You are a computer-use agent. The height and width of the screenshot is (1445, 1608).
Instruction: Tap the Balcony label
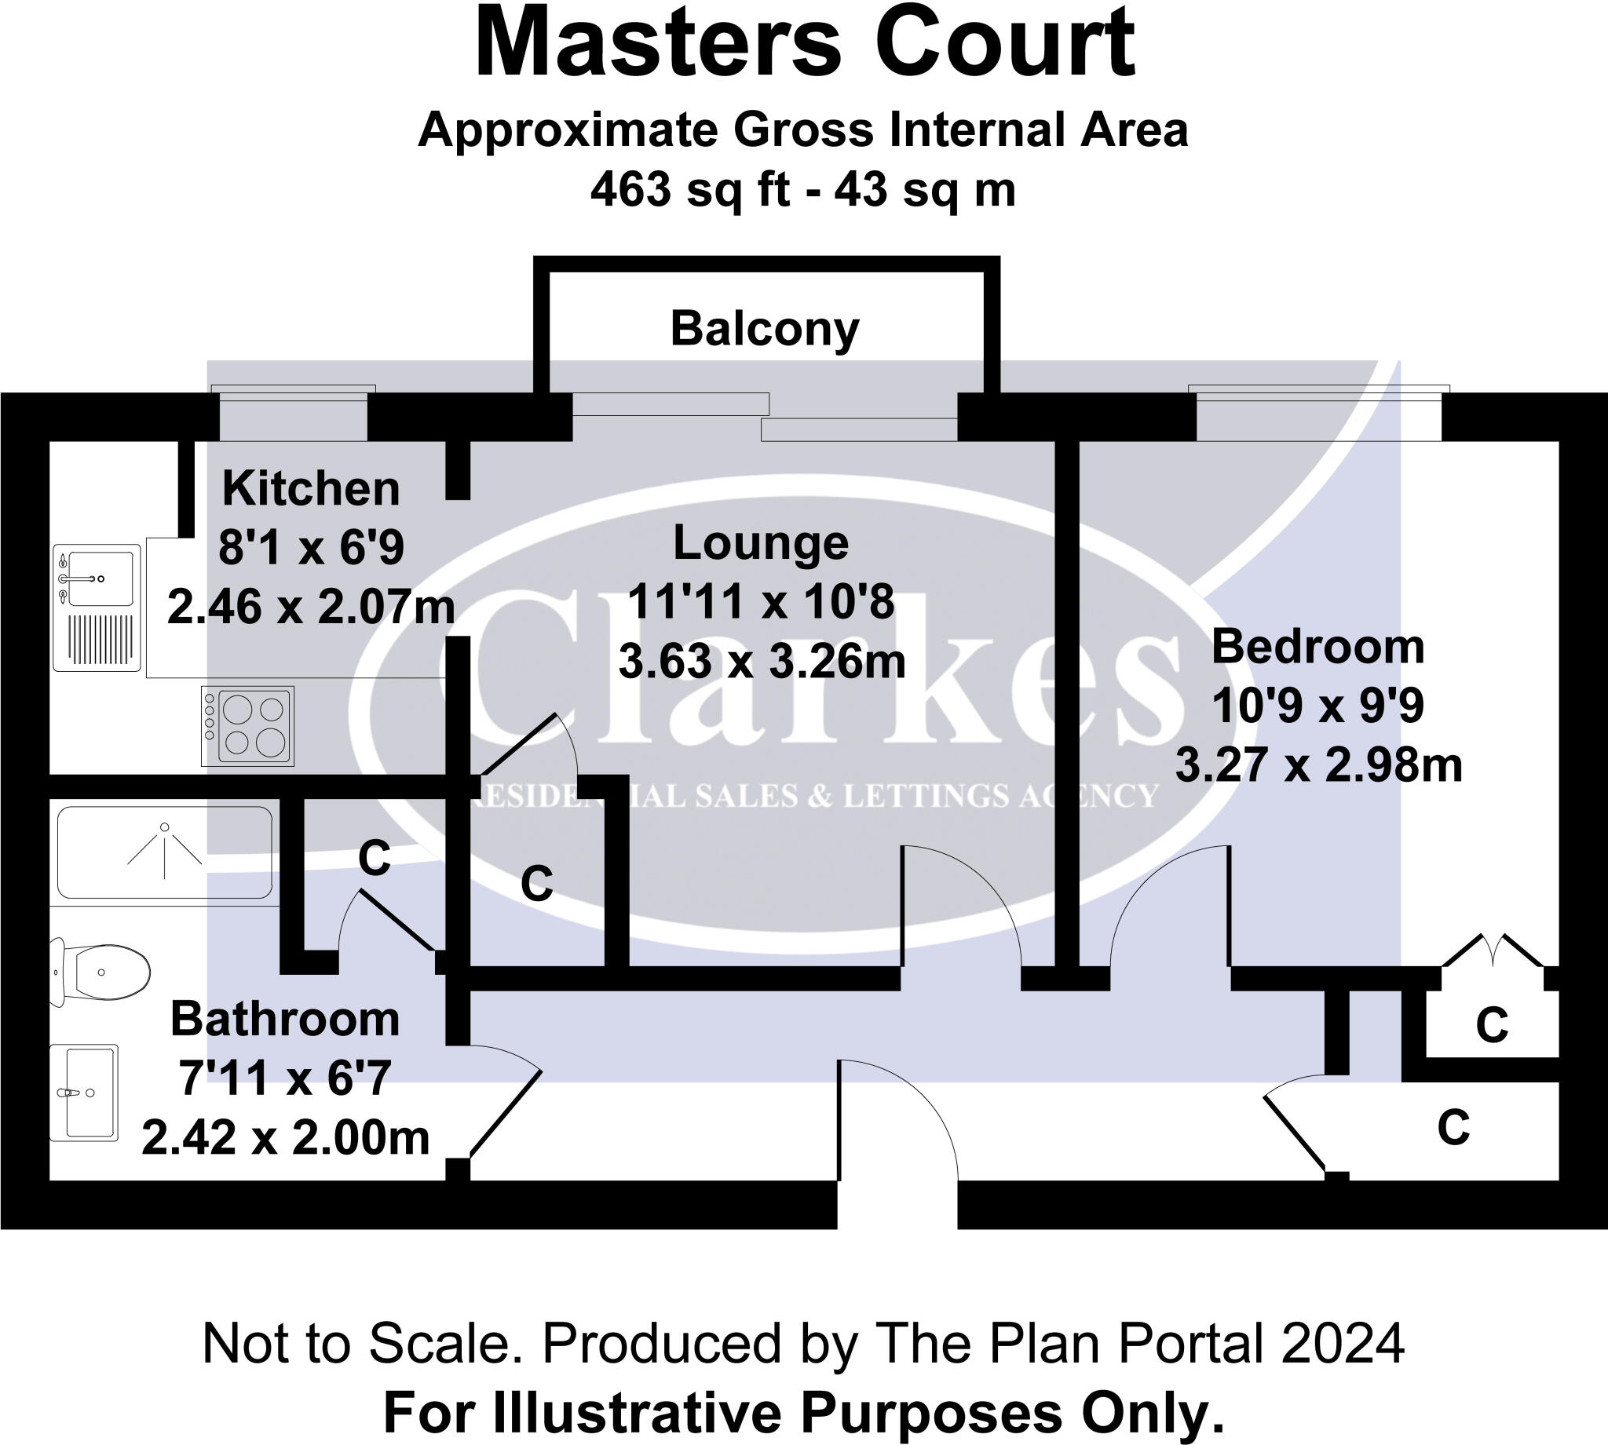pyautogui.click(x=765, y=329)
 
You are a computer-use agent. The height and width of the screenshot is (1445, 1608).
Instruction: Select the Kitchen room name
pyautogui.click(x=310, y=488)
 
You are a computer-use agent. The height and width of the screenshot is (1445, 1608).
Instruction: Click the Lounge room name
pyautogui.click(x=761, y=543)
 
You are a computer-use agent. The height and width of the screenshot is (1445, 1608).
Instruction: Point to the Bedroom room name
pyautogui.click(x=1317, y=647)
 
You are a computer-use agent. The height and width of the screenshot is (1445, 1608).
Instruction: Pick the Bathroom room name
pyautogui.click(x=284, y=1019)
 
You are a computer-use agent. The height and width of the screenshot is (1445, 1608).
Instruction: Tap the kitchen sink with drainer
pyautogui.click(x=97, y=607)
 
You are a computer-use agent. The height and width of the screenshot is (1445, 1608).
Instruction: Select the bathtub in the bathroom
pyautogui.click(x=164, y=852)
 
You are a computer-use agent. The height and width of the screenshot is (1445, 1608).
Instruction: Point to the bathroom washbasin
pyautogui.click(x=85, y=1093)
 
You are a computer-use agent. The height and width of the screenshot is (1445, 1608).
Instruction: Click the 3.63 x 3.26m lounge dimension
pyautogui.click(x=762, y=662)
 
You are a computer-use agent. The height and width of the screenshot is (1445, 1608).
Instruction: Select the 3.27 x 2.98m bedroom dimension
pyautogui.click(x=1318, y=766)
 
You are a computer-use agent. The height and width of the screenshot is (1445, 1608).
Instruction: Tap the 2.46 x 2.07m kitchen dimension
pyautogui.click(x=310, y=608)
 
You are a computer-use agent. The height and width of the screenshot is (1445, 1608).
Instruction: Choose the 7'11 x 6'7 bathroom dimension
pyautogui.click(x=284, y=1078)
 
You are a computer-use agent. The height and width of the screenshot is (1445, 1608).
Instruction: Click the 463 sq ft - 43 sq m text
pyautogui.click(x=802, y=191)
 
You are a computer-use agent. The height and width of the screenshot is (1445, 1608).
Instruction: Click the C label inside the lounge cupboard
pyautogui.click(x=537, y=883)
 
